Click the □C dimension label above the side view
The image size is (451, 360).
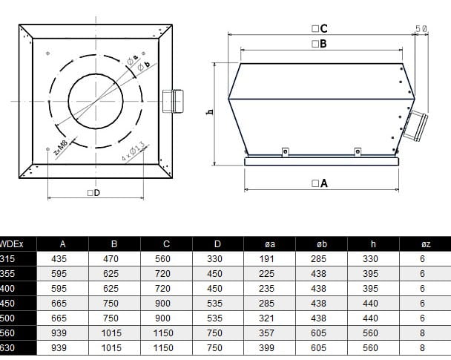(x=320, y=28)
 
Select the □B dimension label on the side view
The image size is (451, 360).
(x=320, y=44)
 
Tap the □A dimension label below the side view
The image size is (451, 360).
(x=320, y=183)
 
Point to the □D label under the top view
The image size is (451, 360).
(x=93, y=193)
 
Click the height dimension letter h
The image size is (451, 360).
(x=210, y=112)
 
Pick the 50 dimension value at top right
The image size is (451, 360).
(x=421, y=28)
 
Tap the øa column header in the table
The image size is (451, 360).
(x=270, y=243)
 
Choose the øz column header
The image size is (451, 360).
(x=422, y=243)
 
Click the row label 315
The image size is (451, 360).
(x=7, y=258)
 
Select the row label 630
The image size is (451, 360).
(x=7, y=347)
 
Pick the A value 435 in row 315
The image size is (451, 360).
(x=62, y=258)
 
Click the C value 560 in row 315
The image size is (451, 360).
(x=166, y=258)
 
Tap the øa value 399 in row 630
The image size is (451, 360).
(x=270, y=347)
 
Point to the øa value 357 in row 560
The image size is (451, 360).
(x=270, y=333)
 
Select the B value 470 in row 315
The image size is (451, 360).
(x=114, y=258)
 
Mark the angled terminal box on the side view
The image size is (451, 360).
(x=417, y=125)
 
